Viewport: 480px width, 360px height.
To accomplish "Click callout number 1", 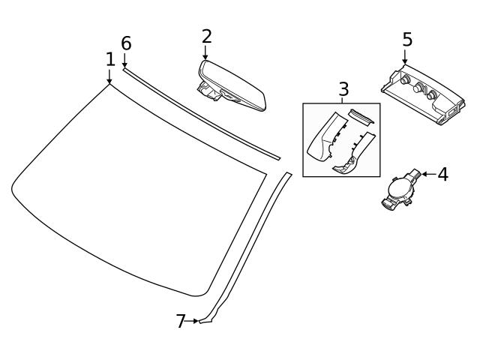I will [110, 59].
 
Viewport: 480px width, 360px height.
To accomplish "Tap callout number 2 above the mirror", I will [206, 36].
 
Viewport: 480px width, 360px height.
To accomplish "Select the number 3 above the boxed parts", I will [343, 89].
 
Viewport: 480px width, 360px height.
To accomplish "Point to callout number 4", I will [442, 175].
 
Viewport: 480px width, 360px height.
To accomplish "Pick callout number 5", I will [406, 39].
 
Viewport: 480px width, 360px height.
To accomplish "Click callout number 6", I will [126, 43].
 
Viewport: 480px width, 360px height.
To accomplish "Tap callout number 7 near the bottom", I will [180, 321].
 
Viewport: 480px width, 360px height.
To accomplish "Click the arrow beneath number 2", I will [205, 53].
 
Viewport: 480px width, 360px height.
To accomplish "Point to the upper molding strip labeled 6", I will [202, 113].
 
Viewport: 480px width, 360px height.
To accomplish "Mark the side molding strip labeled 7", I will [247, 247].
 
